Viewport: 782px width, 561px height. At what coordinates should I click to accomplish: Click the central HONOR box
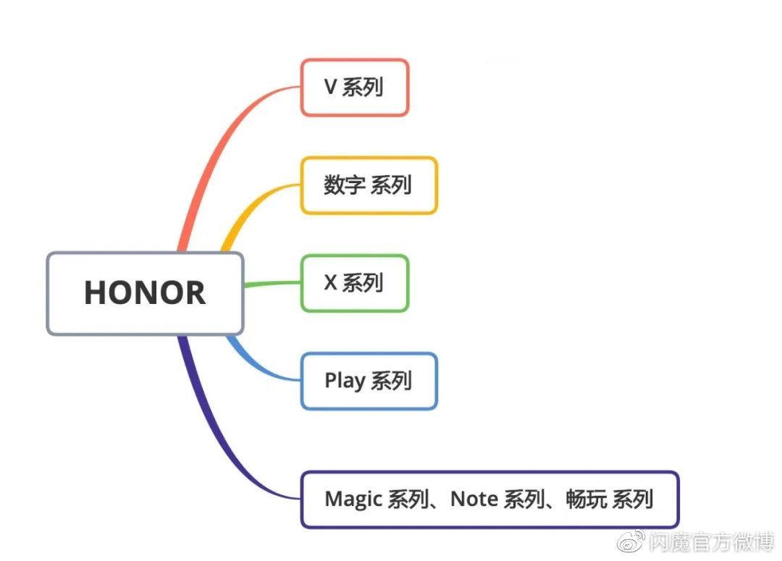tap(145, 293)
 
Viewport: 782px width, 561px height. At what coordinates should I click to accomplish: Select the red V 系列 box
tap(355, 88)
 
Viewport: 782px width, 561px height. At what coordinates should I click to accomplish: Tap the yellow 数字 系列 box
tap(369, 185)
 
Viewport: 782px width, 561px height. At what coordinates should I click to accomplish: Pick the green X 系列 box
tap(355, 283)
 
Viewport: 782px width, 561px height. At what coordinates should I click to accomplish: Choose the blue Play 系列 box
tap(369, 381)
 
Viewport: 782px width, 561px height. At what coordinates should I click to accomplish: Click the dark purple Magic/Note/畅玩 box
tap(489, 499)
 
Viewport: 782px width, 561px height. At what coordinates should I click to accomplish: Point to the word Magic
tap(354, 499)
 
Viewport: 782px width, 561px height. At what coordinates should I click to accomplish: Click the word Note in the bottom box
tap(474, 499)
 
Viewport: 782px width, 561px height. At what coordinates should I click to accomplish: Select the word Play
tap(345, 381)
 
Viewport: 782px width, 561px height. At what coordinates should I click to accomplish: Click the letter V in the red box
tap(330, 88)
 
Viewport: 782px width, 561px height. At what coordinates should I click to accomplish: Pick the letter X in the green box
tap(330, 283)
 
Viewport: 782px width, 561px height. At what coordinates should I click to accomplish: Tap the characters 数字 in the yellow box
tap(343, 185)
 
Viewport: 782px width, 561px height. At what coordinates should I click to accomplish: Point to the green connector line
tap(272, 284)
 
